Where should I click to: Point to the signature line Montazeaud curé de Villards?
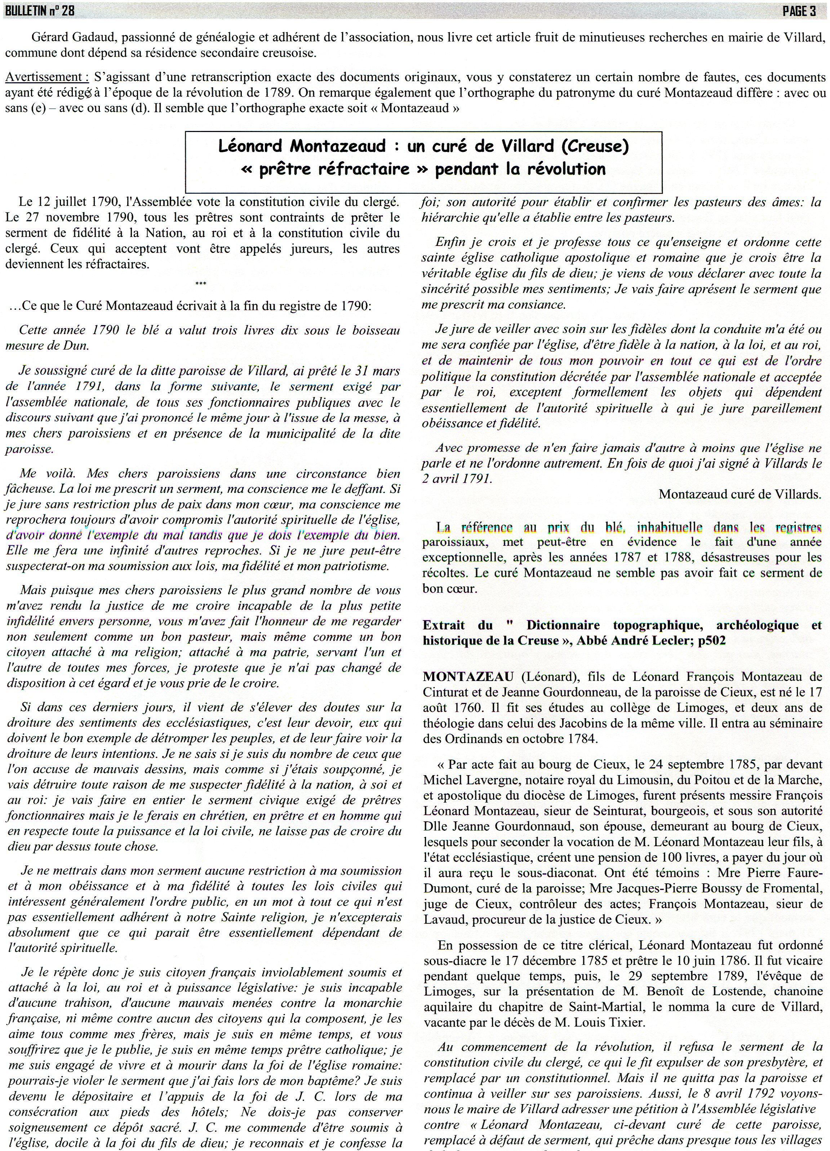pos(740,494)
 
